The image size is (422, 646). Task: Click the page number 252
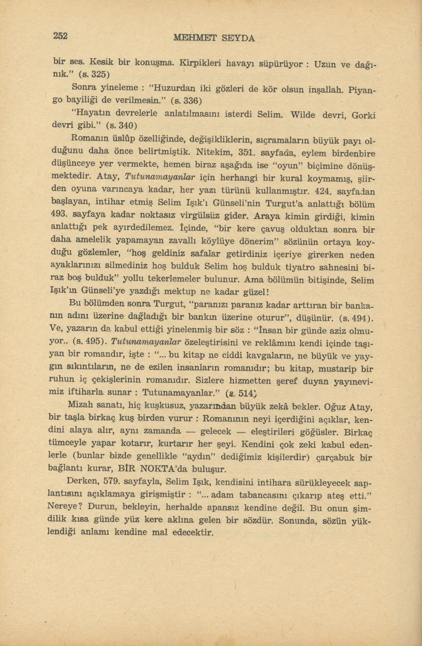click(x=60, y=36)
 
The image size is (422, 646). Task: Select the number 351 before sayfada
click(x=247, y=153)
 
